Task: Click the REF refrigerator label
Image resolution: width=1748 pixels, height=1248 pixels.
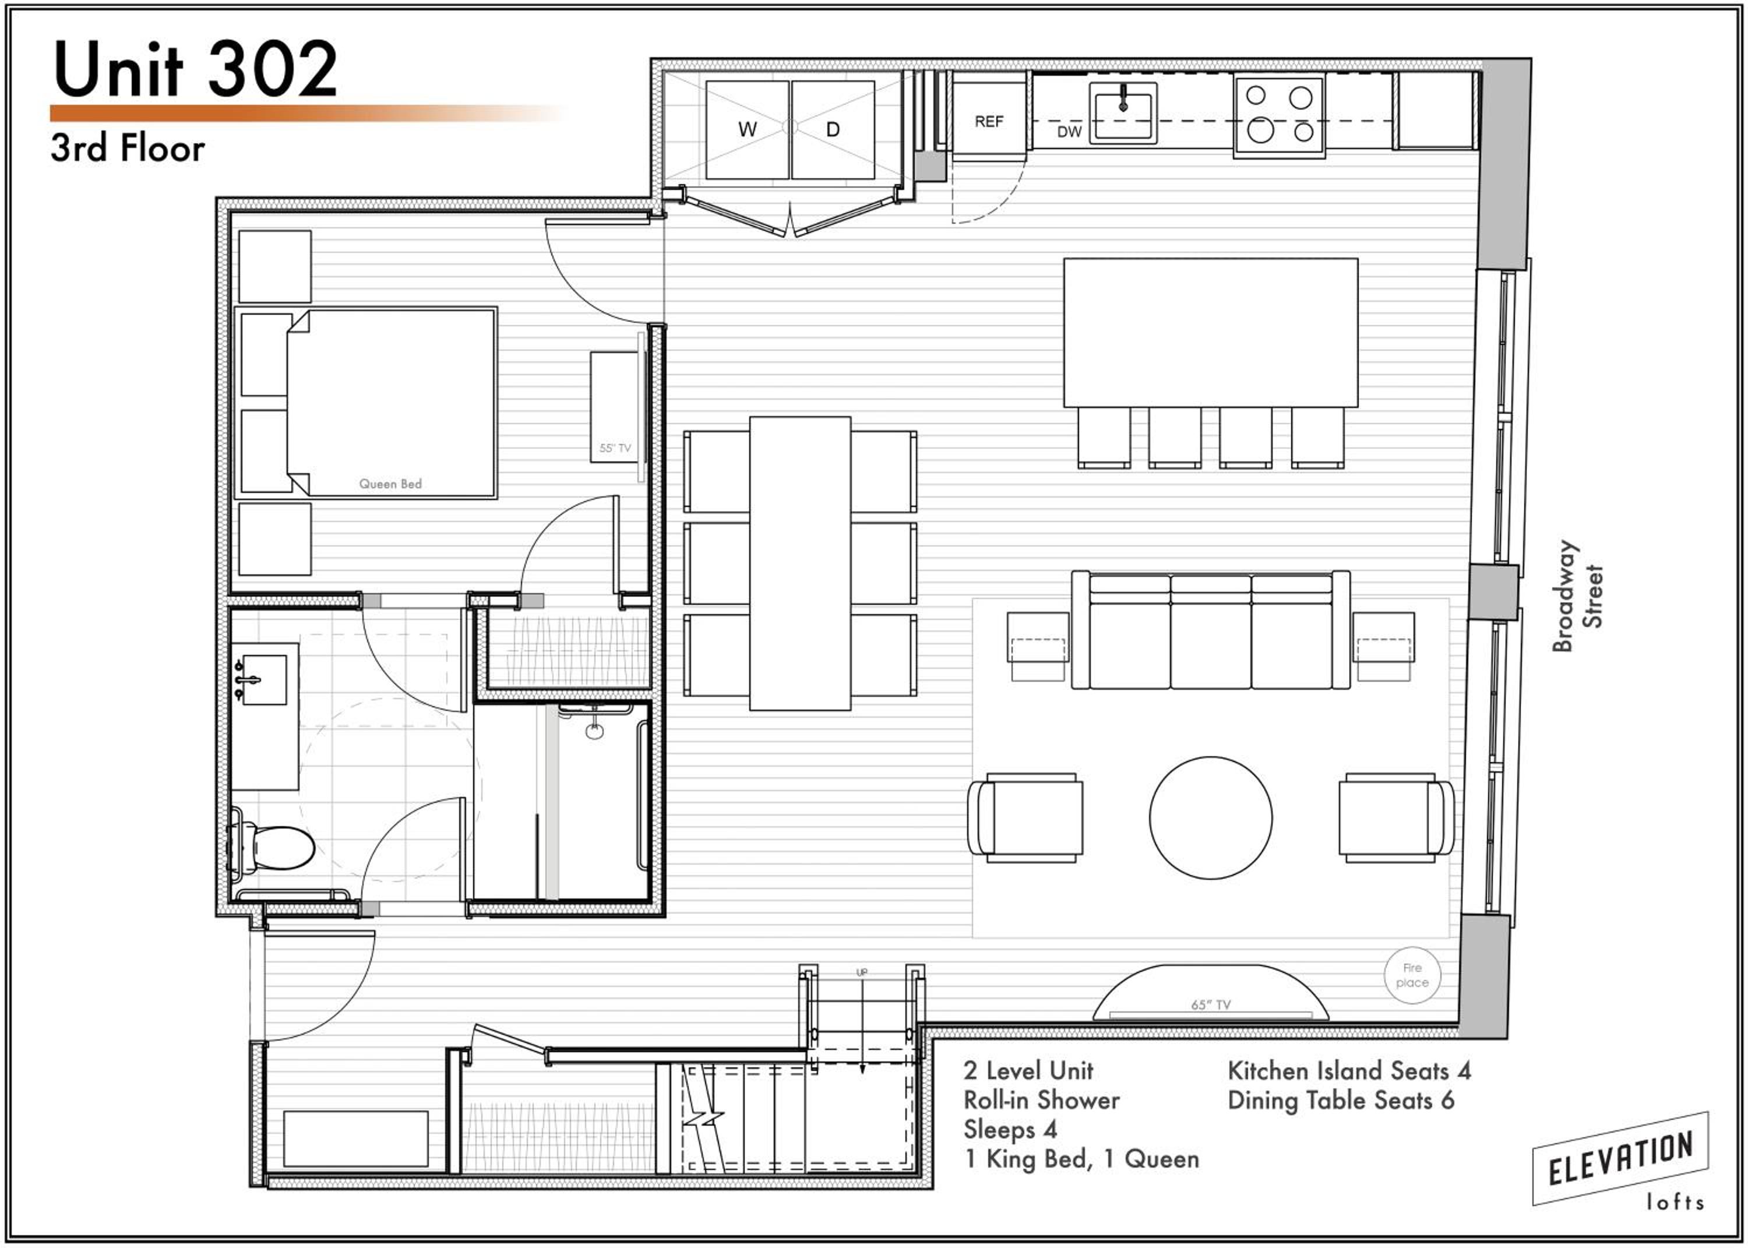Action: click(x=989, y=121)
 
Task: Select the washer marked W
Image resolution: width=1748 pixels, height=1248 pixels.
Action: click(x=747, y=129)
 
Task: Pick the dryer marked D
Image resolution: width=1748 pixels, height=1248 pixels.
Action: click(x=833, y=129)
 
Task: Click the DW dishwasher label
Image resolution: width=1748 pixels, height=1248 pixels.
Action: click(x=1069, y=132)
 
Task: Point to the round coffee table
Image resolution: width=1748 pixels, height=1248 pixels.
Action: click(x=1210, y=817)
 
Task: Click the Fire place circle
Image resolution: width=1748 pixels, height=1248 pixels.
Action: click(x=1412, y=975)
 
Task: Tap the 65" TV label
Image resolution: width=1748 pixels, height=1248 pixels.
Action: click(x=1211, y=1004)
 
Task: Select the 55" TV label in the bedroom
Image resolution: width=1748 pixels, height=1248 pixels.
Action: click(x=615, y=448)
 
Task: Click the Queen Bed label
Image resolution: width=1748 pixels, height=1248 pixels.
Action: click(x=390, y=484)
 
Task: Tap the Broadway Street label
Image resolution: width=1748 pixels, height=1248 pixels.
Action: click(x=1577, y=597)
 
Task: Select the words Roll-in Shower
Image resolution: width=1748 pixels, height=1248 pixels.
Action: click(x=1041, y=1101)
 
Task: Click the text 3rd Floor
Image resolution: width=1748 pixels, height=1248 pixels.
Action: click(x=128, y=149)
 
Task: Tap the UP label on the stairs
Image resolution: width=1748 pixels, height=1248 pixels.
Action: click(x=862, y=972)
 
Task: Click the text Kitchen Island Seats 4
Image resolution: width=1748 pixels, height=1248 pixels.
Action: click(x=1349, y=1070)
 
